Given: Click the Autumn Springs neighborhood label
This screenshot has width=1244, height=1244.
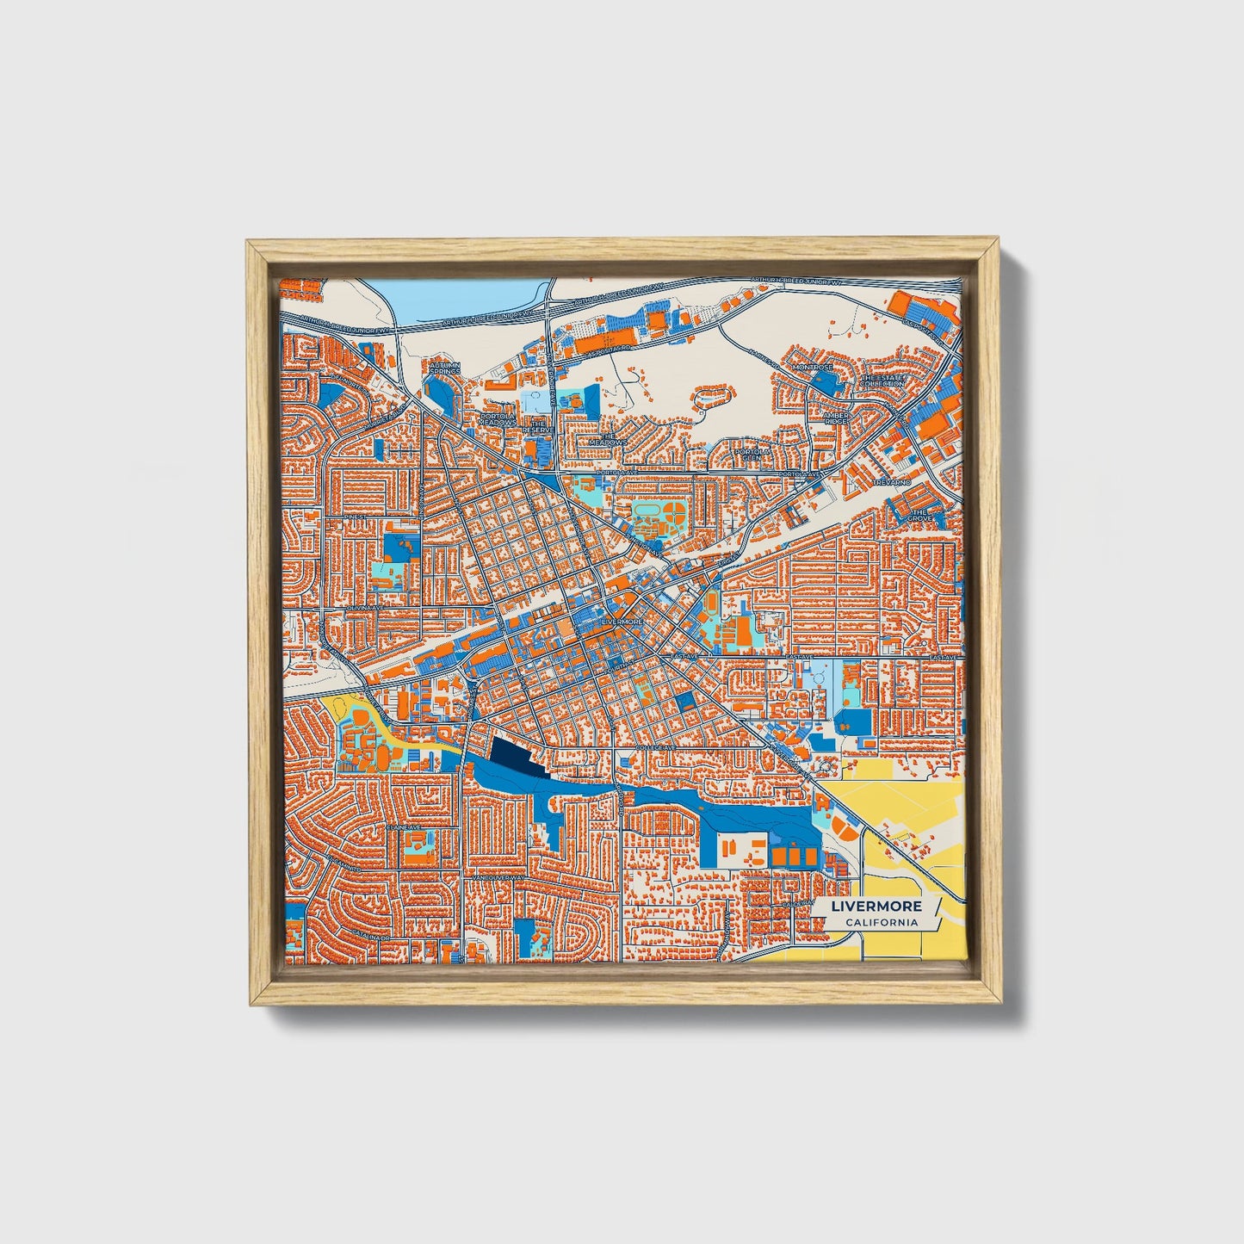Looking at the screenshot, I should click(x=444, y=368).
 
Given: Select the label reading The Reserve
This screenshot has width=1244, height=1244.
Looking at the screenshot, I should click(x=539, y=427).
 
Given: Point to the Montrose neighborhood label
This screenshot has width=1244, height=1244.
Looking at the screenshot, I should click(x=814, y=367).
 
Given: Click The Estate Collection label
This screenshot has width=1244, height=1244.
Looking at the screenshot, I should click(x=882, y=381).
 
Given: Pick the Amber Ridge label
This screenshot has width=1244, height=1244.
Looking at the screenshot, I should click(x=835, y=418).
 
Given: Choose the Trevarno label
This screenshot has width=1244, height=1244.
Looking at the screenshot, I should click(x=890, y=483).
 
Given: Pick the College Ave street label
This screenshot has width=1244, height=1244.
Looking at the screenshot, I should click(x=654, y=748).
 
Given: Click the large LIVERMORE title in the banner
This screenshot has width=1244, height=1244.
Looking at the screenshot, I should click(x=876, y=907).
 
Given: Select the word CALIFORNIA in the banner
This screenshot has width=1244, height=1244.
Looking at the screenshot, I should click(x=881, y=923).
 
